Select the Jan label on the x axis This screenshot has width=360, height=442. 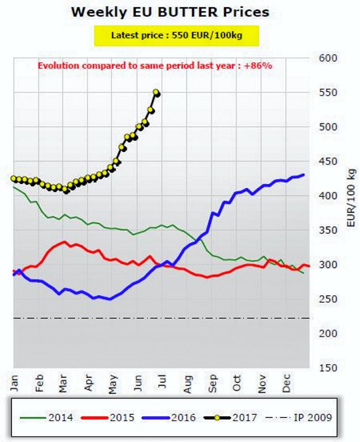15,384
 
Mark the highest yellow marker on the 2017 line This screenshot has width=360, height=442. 156,93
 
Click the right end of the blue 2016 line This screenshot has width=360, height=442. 303,174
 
